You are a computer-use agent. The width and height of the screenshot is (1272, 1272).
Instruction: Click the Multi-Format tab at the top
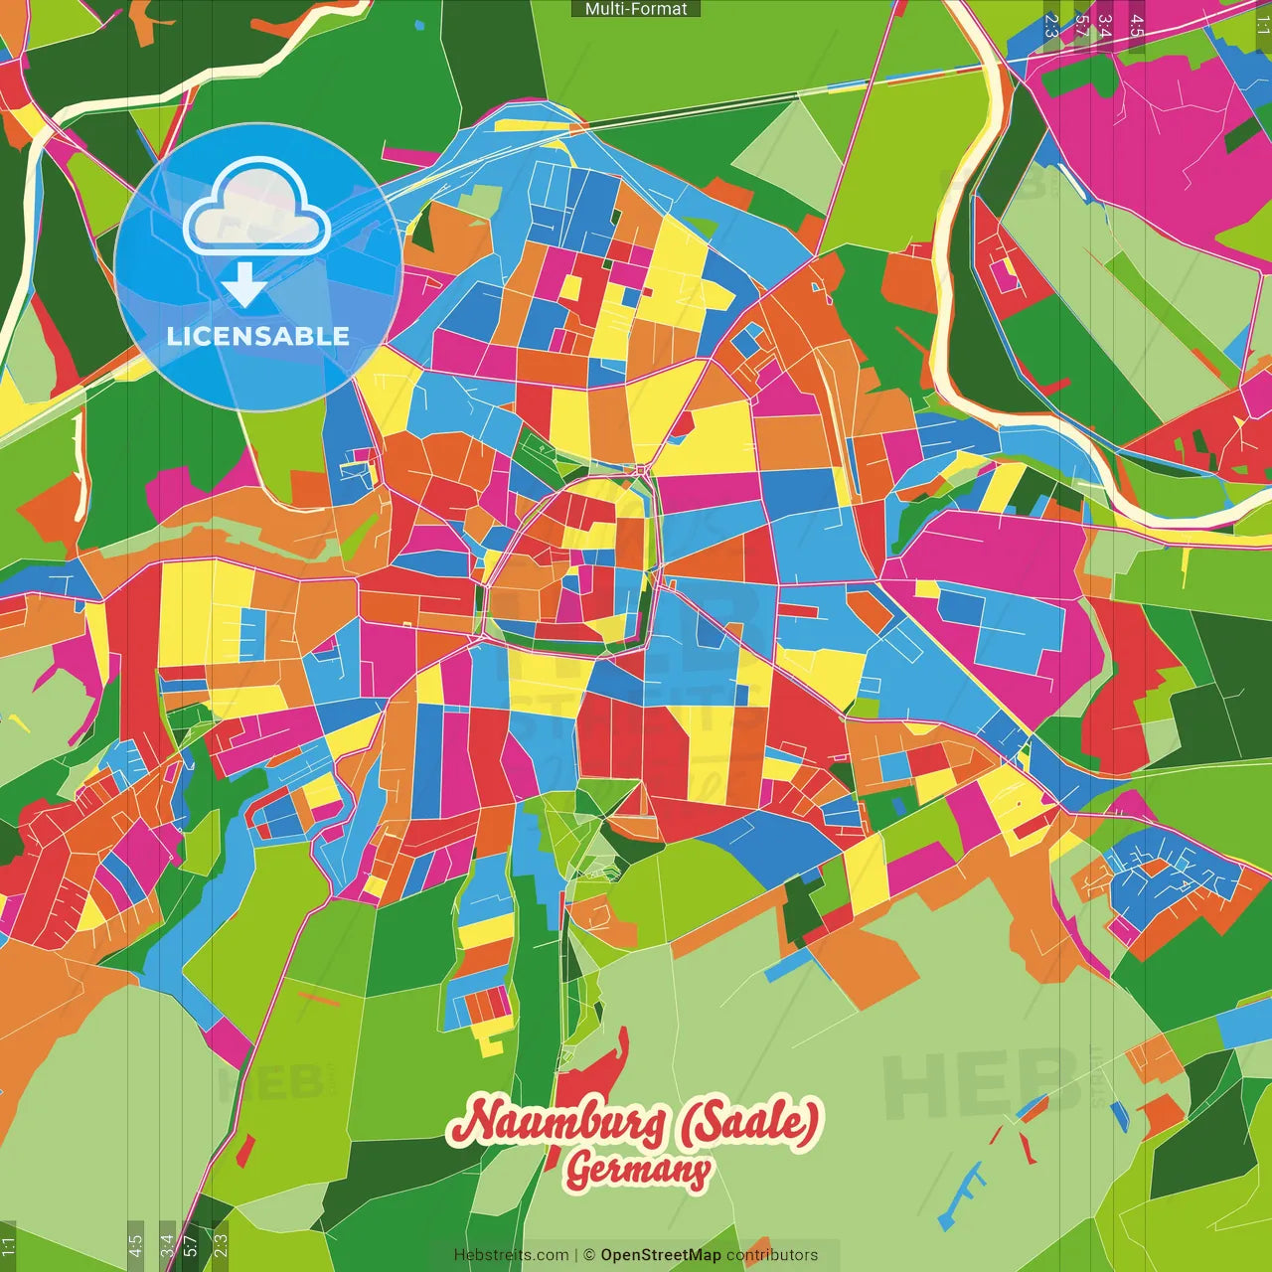coord(636,9)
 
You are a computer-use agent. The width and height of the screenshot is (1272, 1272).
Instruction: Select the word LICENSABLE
coord(257,336)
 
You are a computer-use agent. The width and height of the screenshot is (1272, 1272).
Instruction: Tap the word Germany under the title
coord(638,1170)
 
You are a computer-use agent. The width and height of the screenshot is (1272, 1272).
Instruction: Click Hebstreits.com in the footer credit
coord(511,1255)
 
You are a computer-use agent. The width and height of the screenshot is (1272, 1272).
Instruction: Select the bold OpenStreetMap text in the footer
coord(661,1255)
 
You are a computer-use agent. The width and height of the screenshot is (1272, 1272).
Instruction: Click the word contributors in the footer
coord(772,1255)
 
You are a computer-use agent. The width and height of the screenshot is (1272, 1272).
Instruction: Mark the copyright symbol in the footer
coord(588,1255)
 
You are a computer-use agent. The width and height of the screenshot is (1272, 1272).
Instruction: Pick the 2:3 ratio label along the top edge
coord(1051,25)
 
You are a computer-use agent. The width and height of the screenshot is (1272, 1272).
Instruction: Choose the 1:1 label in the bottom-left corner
coord(8,1246)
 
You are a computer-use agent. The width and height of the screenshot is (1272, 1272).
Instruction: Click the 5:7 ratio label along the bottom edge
coord(191,1246)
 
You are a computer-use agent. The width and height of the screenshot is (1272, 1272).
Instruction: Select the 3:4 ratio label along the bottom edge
coord(167,1246)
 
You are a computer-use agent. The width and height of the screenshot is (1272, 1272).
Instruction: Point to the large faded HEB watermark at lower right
coord(979,1083)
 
